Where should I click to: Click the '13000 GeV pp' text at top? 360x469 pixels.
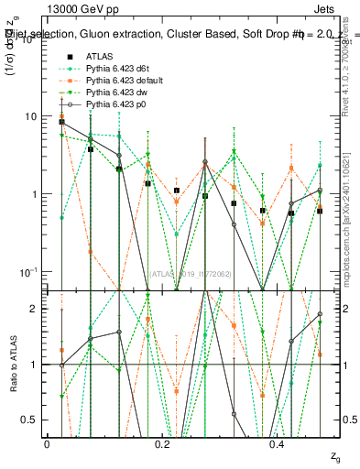(79, 7)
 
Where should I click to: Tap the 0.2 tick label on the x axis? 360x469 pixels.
(162, 443)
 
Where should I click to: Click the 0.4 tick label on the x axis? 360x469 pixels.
(278, 443)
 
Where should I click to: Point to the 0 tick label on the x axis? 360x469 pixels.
(47, 443)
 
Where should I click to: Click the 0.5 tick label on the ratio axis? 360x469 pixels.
(30, 420)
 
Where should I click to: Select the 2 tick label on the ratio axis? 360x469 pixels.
(34, 309)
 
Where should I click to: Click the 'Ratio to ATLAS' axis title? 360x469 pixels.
(14, 364)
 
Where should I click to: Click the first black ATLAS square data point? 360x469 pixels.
(61, 122)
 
